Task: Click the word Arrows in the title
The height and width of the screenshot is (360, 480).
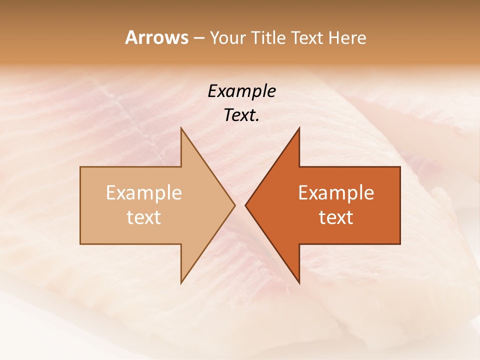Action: pos(156,37)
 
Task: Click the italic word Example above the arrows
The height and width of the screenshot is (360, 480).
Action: pos(242,91)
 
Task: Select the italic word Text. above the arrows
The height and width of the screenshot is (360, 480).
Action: pos(241,115)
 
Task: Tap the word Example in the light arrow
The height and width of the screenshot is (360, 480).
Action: pos(144,193)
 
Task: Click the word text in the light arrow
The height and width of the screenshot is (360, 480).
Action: pos(144,217)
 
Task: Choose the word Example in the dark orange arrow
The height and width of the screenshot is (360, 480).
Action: pos(336,193)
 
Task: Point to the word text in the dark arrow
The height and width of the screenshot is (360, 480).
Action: pos(336,217)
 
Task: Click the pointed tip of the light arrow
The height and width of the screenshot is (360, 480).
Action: pos(234,205)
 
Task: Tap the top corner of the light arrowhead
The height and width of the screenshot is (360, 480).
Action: pos(181,128)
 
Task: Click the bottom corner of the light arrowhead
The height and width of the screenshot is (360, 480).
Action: pos(181,282)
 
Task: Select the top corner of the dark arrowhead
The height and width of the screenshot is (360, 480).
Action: pos(299,128)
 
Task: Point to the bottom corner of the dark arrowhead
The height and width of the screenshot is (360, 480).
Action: pos(299,282)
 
